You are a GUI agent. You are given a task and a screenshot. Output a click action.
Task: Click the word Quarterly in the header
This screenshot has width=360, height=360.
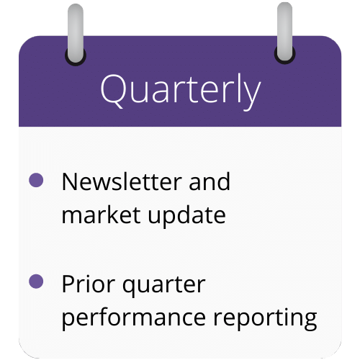[x=181, y=91]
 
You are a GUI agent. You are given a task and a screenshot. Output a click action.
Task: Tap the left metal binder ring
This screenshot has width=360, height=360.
[x=76, y=33]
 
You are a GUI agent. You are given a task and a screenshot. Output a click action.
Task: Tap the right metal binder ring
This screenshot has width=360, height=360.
[x=285, y=32]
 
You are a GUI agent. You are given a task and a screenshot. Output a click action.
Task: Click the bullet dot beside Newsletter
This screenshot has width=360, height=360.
[x=36, y=180]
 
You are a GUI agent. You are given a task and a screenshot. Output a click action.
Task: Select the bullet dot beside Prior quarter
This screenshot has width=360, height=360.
[x=36, y=281]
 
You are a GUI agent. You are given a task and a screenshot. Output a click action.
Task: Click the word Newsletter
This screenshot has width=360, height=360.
[x=122, y=181]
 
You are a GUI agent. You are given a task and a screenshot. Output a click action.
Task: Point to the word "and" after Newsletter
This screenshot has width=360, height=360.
[x=210, y=181]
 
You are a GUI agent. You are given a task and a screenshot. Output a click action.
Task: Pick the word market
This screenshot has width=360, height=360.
[x=101, y=215]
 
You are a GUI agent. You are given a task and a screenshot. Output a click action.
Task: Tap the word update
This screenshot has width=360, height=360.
[x=187, y=216]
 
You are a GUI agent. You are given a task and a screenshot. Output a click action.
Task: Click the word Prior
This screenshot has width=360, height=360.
[x=88, y=284]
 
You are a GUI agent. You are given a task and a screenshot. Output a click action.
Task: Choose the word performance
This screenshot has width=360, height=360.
[x=134, y=318]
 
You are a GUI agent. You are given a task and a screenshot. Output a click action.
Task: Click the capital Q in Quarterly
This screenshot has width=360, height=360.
[x=112, y=91]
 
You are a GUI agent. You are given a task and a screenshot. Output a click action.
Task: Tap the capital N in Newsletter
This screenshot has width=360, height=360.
[x=70, y=181]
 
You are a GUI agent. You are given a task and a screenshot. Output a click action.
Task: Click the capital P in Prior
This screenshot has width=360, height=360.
[x=68, y=284]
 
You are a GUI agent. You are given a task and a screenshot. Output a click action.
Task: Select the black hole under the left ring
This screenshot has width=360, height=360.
[x=76, y=60]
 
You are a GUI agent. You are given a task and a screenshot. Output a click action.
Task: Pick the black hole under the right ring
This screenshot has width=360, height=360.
[x=285, y=59]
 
